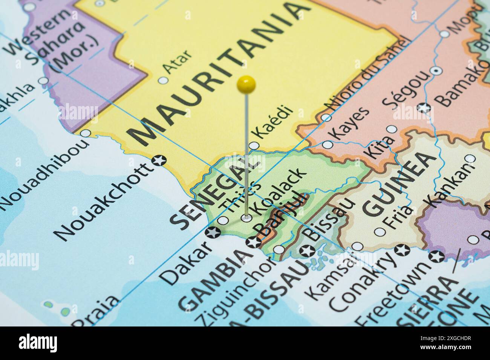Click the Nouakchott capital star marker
pyautogui.click(x=159, y=161)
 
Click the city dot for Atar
pyautogui.click(x=163, y=80)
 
